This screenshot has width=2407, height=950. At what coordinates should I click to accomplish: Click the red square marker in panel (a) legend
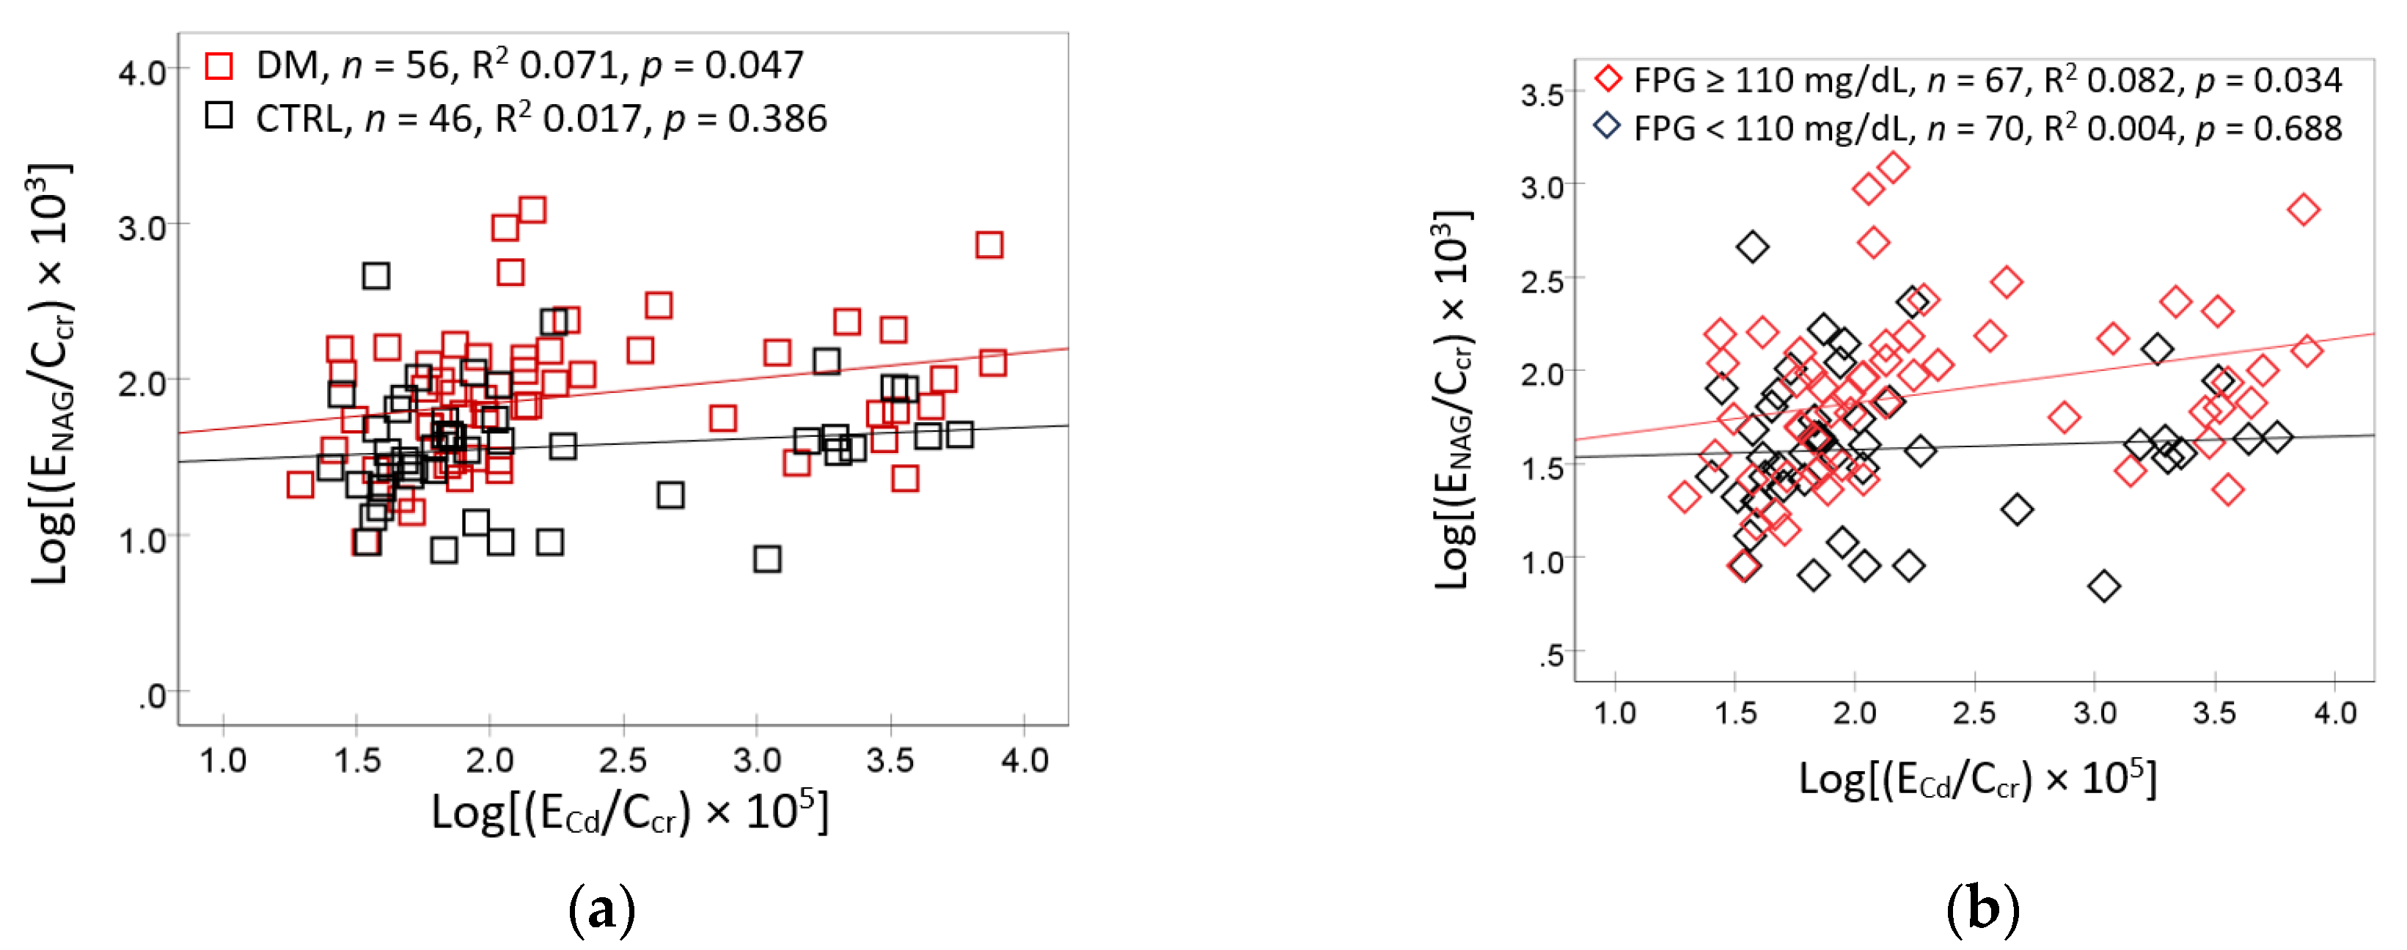[219, 66]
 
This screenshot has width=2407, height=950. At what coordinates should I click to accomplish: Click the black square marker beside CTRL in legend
[219, 116]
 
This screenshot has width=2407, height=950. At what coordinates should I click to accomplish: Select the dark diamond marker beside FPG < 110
[1607, 125]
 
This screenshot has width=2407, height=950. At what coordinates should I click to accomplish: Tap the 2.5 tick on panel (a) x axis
[623, 759]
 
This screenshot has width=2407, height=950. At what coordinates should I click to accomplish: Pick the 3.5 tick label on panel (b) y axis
[1542, 95]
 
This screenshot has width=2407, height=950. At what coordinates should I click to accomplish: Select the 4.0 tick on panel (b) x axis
[2334, 712]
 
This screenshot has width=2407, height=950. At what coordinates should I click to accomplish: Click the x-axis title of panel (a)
[629, 811]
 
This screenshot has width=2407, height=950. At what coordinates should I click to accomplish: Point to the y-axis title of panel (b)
[1453, 399]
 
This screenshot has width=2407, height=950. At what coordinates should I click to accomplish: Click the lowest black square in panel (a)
[767, 559]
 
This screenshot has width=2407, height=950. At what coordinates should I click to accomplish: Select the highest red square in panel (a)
[532, 209]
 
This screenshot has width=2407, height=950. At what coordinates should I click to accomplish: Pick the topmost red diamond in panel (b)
[1893, 168]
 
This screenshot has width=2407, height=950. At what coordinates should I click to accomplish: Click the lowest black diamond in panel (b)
[2104, 586]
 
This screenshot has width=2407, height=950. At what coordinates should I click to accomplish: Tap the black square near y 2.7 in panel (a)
[375, 276]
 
